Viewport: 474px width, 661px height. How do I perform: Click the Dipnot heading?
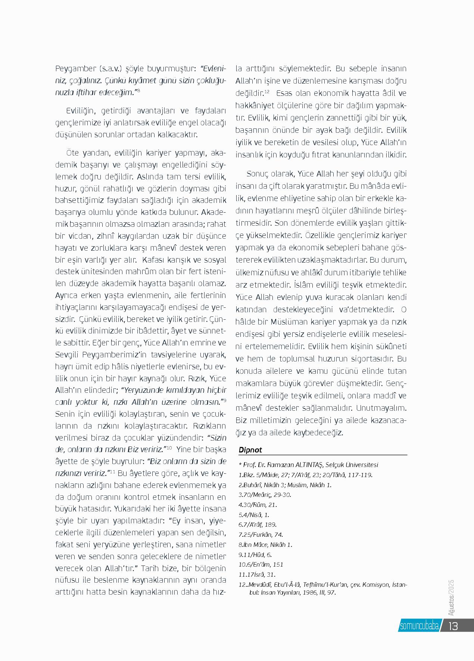pyautogui.click(x=250, y=450)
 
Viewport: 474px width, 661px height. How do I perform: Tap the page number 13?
pyautogui.click(x=453, y=626)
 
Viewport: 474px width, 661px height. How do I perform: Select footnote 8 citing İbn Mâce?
pyautogui.click(x=265, y=545)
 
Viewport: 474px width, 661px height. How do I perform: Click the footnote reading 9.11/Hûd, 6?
pyautogui.click(x=255, y=555)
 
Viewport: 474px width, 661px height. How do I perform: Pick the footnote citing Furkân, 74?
pyautogui.click(x=261, y=535)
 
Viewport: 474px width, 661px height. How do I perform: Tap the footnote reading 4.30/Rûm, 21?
pyautogui.click(x=258, y=505)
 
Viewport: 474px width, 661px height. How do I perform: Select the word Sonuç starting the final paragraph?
pyautogui.click(x=257, y=174)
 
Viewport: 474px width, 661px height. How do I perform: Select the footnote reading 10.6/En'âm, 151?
pyautogui.click(x=261, y=564)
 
